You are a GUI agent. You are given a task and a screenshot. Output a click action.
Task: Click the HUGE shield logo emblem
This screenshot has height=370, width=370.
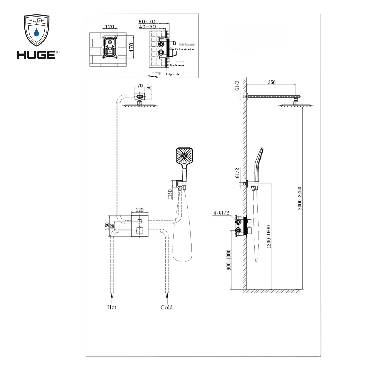(36, 31)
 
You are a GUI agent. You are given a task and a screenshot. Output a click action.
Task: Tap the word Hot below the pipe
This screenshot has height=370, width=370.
(112, 307)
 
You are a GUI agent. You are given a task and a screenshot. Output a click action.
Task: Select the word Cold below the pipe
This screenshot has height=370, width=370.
(166, 307)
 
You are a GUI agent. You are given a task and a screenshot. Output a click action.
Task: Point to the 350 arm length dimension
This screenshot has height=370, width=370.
(272, 82)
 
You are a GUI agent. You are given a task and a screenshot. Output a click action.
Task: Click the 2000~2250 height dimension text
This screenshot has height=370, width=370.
(300, 198)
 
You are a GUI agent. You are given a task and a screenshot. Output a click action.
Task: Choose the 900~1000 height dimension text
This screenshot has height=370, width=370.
(229, 259)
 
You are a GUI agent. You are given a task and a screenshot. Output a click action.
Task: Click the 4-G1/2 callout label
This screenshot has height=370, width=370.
(221, 213)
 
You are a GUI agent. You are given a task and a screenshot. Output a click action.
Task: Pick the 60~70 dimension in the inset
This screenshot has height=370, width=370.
(147, 21)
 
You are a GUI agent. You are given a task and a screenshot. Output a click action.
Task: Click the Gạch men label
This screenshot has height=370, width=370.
(177, 65)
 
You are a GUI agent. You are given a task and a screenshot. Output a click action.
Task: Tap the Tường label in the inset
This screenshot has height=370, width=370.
(153, 76)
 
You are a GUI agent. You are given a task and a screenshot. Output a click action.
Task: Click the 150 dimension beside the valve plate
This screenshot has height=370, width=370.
(107, 226)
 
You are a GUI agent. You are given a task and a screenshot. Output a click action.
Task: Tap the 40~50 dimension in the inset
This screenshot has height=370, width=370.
(147, 26)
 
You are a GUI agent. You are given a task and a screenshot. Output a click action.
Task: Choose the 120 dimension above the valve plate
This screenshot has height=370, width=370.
(139, 210)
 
